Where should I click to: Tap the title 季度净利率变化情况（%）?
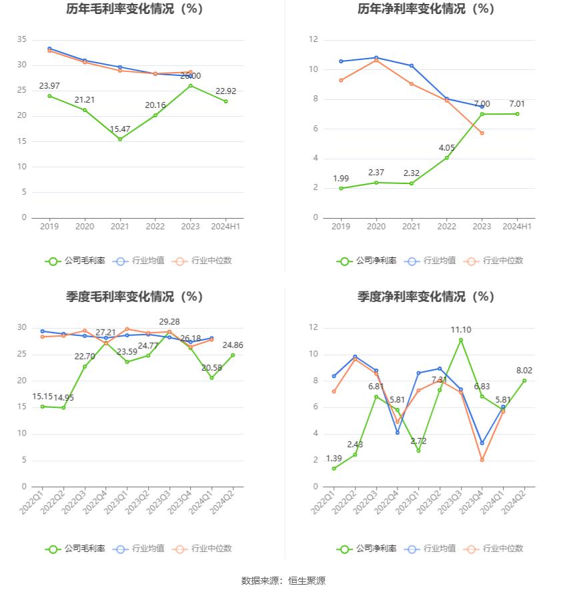(426, 297)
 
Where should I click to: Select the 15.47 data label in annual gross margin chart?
(120, 127)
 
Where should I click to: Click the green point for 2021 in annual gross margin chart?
(120, 139)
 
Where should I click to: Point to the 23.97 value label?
(49, 85)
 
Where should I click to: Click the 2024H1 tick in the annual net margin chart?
(517, 227)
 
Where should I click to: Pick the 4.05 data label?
(447, 147)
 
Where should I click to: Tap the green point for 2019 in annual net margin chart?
(341, 188)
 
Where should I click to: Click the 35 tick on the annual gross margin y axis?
(22, 40)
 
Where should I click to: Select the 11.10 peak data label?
(461, 329)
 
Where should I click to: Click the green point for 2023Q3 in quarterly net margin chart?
(460, 340)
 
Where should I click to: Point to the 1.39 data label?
(334, 458)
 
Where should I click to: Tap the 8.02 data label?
(524, 370)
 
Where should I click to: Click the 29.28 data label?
(169, 321)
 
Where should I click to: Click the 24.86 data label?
(233, 345)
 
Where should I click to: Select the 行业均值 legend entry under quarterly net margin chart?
(432, 549)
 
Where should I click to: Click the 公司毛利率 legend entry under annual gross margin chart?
(76, 261)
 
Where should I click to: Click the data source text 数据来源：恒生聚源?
(283, 581)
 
